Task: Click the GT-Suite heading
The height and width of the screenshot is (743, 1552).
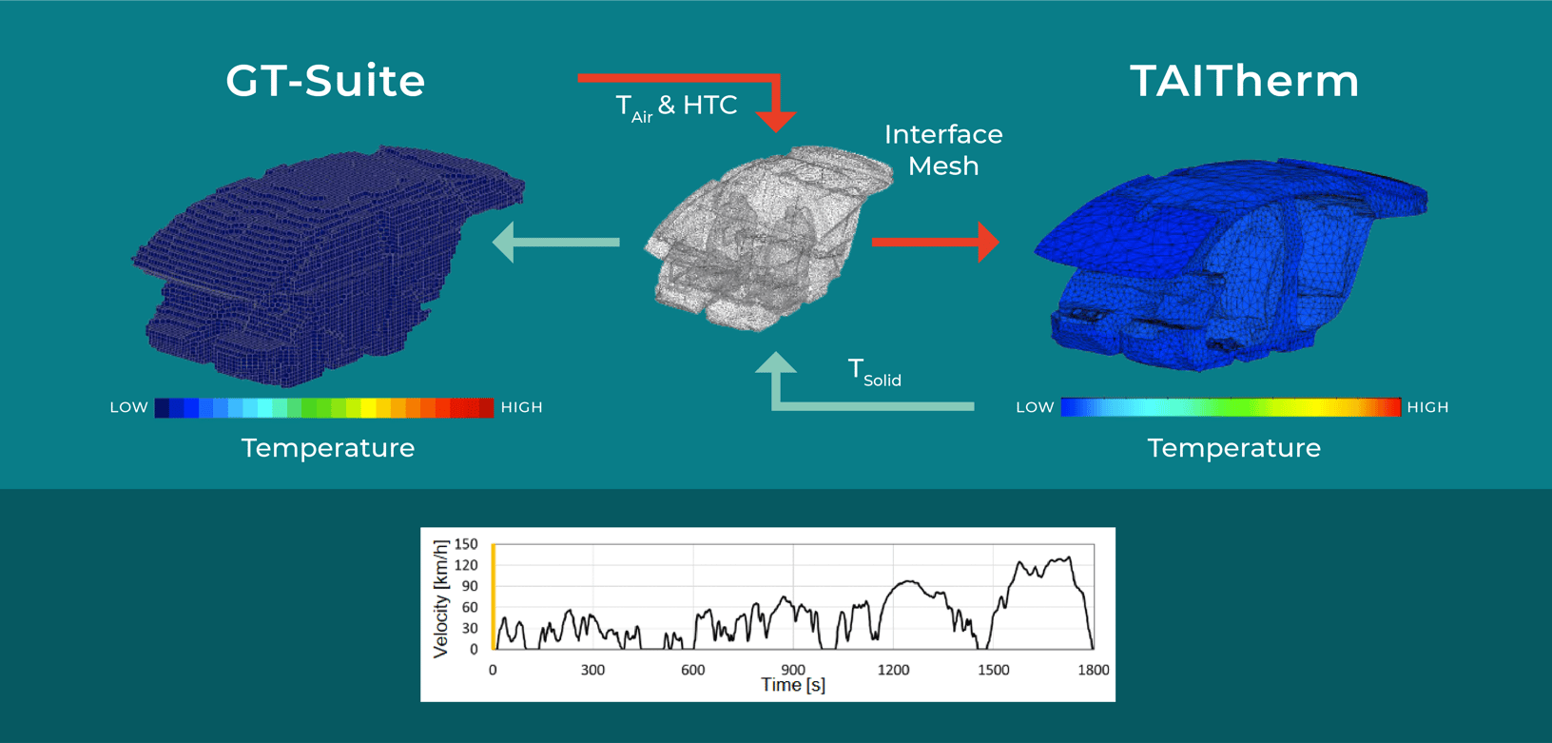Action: coord(325,81)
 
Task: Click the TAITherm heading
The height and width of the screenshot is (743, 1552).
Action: coord(1244,81)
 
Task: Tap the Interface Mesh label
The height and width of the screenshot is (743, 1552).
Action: coord(942,149)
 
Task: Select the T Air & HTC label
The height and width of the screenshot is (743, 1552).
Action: coord(676,106)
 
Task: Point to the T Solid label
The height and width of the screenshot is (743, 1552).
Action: coord(874,372)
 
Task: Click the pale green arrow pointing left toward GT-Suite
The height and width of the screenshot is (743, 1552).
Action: coord(555,242)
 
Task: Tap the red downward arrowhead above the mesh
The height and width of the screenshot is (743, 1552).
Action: coord(777,120)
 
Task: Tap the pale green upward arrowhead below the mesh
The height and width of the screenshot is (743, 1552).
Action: coord(776,364)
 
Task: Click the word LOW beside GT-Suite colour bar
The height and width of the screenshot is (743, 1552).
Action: coord(128,407)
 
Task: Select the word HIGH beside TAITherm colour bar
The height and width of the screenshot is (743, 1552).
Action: coord(1427,407)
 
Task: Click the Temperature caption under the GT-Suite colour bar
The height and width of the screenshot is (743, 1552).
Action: coord(328,448)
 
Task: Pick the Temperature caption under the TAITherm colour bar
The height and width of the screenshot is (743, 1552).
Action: coord(1233,448)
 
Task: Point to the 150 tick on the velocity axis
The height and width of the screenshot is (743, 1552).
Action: coord(466,544)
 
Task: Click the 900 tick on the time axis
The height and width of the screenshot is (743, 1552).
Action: coord(793,670)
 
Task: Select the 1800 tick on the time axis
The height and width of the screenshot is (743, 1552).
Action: coord(1094,670)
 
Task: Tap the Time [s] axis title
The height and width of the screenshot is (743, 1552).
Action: coord(793,685)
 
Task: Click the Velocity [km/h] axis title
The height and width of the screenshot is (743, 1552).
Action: coord(440,599)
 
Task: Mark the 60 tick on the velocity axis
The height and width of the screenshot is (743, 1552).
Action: coord(470,607)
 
